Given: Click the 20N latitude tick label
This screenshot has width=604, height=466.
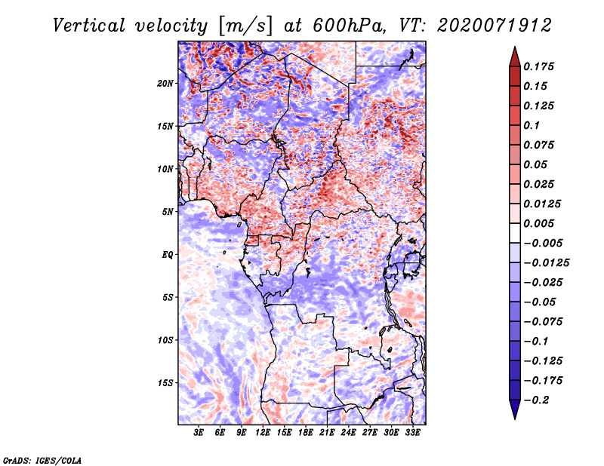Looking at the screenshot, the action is (x=165, y=84).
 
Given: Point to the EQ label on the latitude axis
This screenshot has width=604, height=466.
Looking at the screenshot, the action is (x=168, y=255).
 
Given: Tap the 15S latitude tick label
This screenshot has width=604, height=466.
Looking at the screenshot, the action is (x=165, y=383).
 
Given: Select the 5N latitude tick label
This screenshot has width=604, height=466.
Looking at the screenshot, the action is (x=168, y=212).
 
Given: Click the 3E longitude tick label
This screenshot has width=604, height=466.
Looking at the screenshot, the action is (x=199, y=433).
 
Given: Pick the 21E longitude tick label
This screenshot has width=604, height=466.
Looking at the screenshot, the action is (x=327, y=433).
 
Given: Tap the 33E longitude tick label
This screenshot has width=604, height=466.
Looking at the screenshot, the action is (x=412, y=433).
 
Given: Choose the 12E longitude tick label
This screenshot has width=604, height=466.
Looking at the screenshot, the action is (x=263, y=433).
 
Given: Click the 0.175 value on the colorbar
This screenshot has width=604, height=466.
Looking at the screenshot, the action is (x=538, y=66).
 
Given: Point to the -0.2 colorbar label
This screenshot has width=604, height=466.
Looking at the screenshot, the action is (x=536, y=400).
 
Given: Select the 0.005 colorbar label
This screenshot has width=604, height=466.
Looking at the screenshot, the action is (x=538, y=223).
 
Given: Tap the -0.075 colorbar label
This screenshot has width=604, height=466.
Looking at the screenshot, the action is (x=543, y=322).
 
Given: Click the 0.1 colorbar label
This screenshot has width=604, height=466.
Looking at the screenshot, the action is (x=532, y=125).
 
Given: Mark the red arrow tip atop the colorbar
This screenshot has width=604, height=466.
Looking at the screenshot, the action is (x=515, y=48).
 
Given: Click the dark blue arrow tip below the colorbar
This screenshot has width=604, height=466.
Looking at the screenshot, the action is (x=515, y=418).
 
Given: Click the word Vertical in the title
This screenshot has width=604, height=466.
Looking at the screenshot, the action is (x=89, y=26).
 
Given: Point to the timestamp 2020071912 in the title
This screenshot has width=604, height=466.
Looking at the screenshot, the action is (x=495, y=26).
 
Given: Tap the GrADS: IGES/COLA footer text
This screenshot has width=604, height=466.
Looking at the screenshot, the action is (x=42, y=460).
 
